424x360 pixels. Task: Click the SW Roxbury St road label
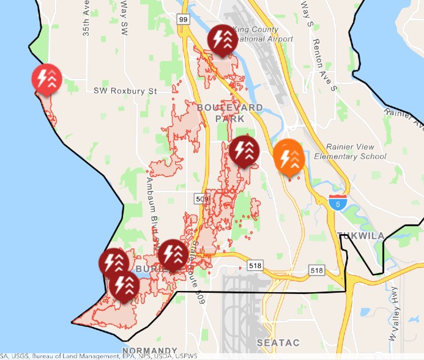(125, 91)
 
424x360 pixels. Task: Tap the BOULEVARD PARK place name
(230, 113)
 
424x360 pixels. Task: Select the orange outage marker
(288, 156)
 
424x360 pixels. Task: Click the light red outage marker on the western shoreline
(46, 79)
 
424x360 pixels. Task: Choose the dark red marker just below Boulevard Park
(244, 150)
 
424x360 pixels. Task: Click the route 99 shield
(183, 20)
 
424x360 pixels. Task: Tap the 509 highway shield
(202, 198)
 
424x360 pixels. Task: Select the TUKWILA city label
(360, 236)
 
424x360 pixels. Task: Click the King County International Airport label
(261, 34)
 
